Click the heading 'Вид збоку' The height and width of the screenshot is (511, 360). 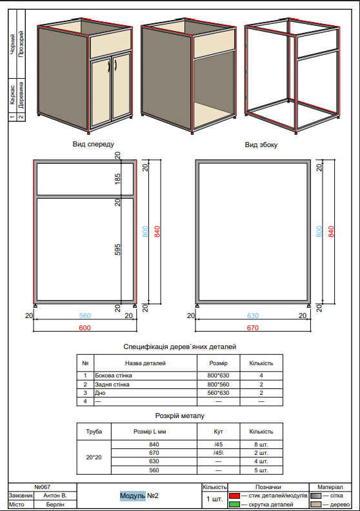click(261, 145)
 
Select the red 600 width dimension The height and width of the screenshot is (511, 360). click(85, 328)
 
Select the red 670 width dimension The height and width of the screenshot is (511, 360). click(252, 328)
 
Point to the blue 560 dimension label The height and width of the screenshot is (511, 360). click(85, 316)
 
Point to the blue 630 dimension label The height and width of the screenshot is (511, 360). click(252, 316)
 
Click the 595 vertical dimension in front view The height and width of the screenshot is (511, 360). click(118, 250)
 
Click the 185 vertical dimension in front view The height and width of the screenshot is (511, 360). click(118, 179)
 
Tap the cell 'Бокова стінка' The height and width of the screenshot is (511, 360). click(115, 376)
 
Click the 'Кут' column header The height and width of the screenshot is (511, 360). click(219, 431)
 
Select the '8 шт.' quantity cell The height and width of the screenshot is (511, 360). click(261, 445)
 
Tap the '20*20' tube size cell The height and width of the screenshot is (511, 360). click(94, 457)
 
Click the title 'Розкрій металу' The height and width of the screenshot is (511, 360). click(180, 416)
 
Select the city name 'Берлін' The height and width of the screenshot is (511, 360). click(54, 504)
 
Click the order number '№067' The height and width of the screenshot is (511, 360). click(41, 486)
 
